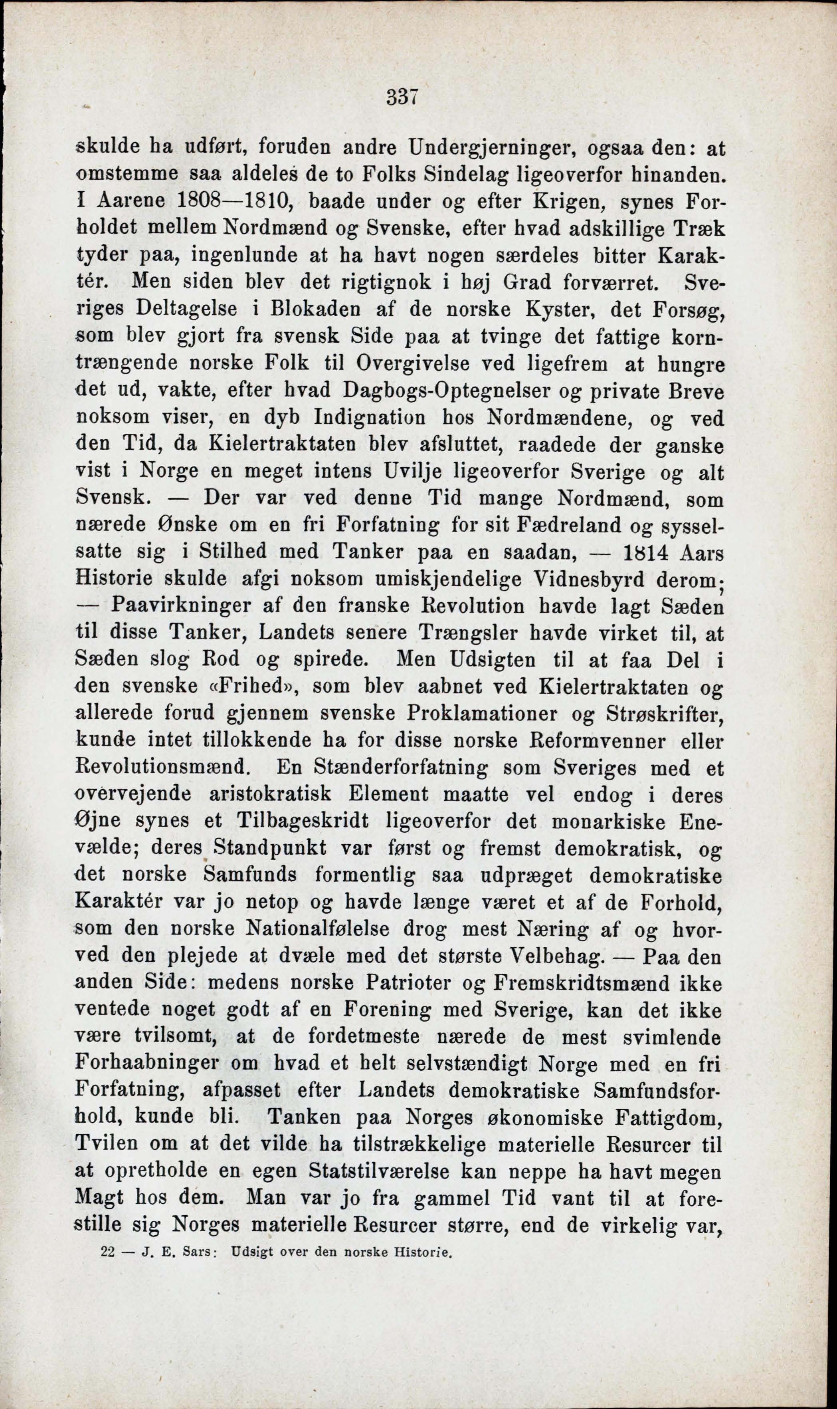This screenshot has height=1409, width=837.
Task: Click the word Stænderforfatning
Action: [x=390, y=768]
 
